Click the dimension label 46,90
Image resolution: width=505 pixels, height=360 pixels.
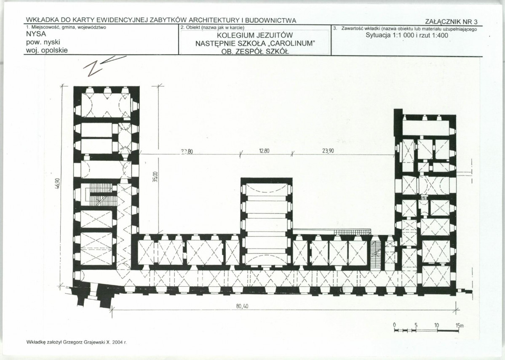(x=58, y=186)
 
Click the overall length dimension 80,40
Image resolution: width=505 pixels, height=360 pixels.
(x=242, y=306)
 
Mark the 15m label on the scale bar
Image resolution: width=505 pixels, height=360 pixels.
(x=460, y=325)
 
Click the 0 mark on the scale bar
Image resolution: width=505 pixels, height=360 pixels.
(x=395, y=325)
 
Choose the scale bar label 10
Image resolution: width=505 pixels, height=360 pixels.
(x=436, y=325)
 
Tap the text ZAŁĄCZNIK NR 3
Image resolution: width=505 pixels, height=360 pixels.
(x=452, y=22)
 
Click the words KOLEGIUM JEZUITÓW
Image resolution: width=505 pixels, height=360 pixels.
(x=254, y=35)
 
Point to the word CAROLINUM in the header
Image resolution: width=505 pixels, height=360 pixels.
(x=289, y=43)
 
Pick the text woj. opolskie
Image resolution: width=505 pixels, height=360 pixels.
(x=47, y=50)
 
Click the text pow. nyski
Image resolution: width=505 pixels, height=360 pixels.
(x=43, y=42)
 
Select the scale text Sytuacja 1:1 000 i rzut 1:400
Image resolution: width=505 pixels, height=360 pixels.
(x=407, y=35)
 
